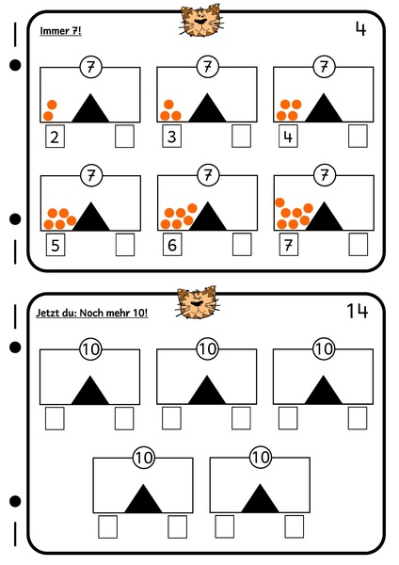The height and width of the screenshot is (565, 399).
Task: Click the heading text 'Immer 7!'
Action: (x=60, y=31)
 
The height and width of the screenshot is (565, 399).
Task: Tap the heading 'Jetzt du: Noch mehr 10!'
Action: (x=92, y=313)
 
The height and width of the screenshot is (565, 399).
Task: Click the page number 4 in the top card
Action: (x=360, y=29)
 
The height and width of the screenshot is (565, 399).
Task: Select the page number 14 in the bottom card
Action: (x=358, y=311)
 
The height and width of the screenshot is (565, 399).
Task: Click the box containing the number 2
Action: (x=55, y=137)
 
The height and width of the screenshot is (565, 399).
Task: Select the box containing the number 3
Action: (x=172, y=137)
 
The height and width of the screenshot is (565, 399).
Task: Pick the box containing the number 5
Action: (x=56, y=245)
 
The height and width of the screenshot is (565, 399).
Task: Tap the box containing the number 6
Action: (x=172, y=245)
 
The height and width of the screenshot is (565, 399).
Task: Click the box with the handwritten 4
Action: (x=288, y=137)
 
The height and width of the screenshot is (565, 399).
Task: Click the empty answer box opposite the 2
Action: (x=124, y=137)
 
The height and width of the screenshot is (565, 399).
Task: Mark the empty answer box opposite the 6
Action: (x=242, y=245)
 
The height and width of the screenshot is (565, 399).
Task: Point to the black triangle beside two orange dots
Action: (x=90, y=109)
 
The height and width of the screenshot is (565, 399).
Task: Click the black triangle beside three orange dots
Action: (x=207, y=109)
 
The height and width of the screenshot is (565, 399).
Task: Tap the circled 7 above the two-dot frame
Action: (x=90, y=67)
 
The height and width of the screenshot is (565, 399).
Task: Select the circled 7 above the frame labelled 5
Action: (x=91, y=175)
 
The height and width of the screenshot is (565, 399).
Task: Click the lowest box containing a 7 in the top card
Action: (x=289, y=245)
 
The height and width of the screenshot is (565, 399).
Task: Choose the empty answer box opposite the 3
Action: (x=241, y=137)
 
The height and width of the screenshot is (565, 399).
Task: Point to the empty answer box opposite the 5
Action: (x=125, y=245)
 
